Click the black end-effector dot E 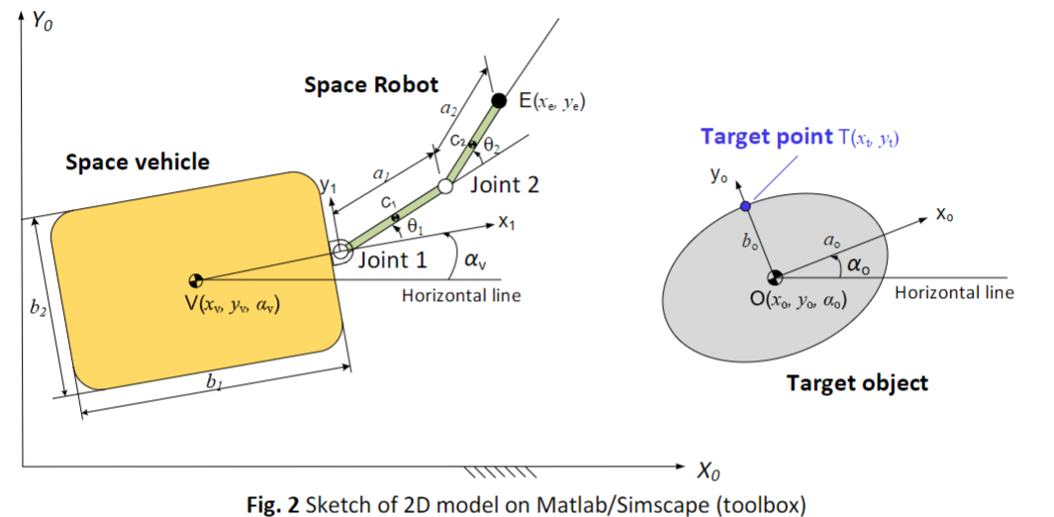pos(500,100)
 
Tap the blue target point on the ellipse pos(745,205)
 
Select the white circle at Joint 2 pos(445,185)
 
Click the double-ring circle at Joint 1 pos(340,253)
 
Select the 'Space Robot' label pos(370,85)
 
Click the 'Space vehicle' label pos(138,161)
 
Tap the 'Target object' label pos(857,382)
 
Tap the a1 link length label pos(380,172)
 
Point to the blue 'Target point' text pos(768,137)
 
